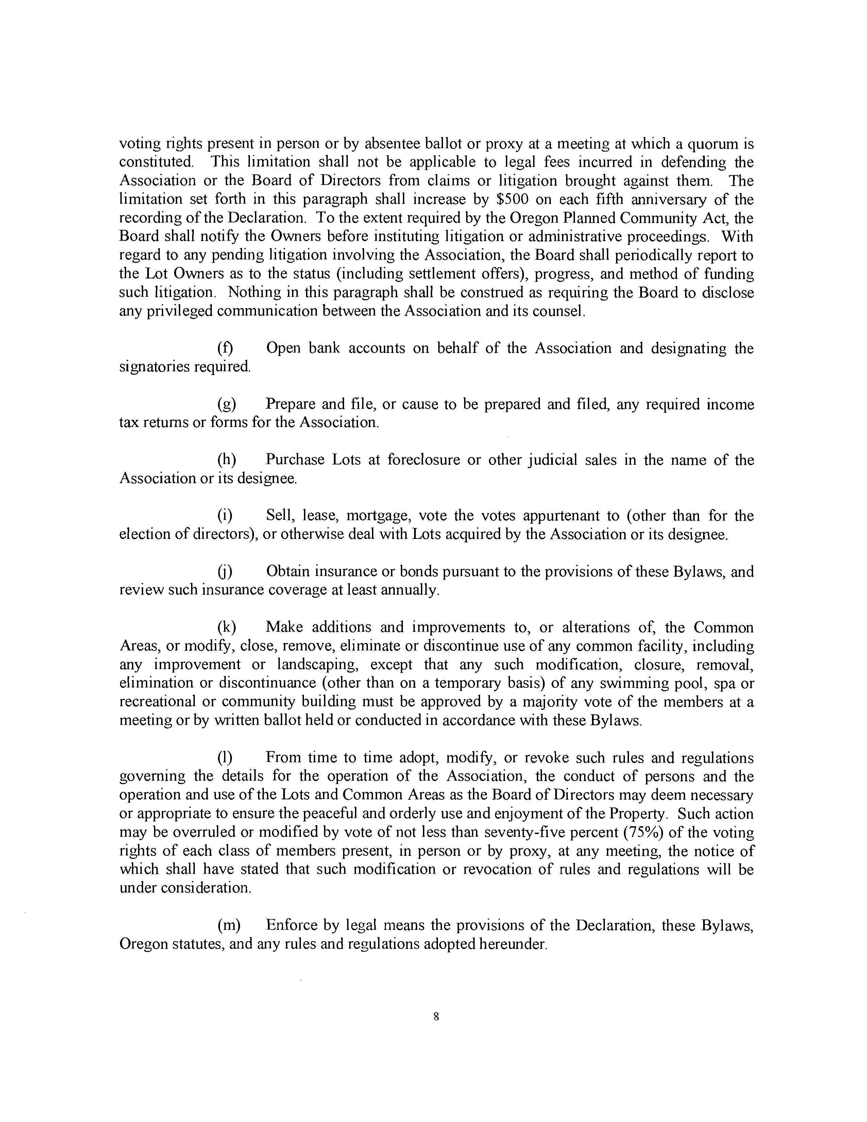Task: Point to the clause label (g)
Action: (226, 404)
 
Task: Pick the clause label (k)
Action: (226, 627)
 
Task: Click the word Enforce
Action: (291, 925)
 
